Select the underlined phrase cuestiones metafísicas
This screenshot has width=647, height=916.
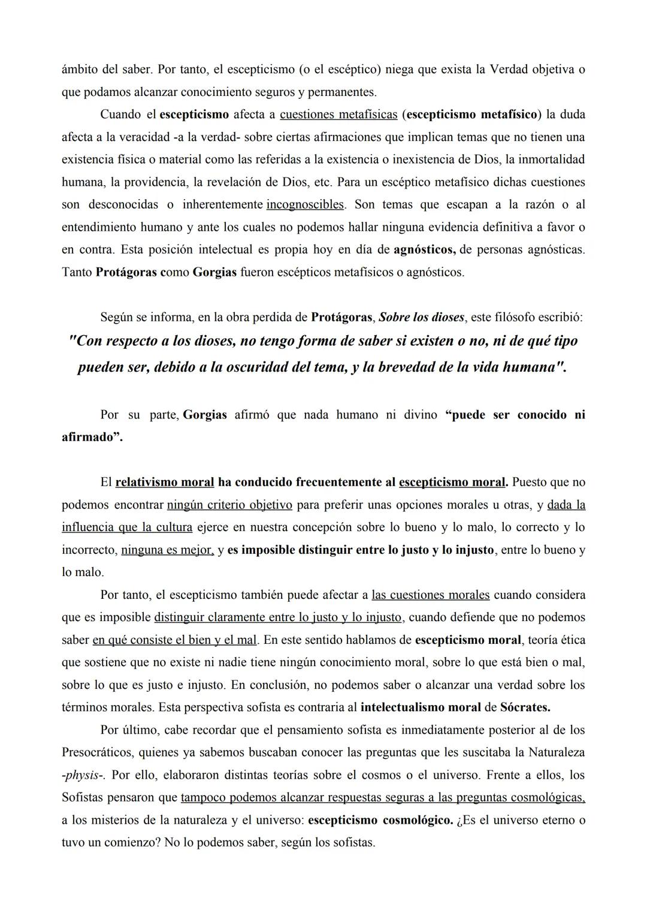[x=338, y=115]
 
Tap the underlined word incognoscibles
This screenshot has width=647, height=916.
[x=305, y=204]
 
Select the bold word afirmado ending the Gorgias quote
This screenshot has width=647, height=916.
[x=91, y=437]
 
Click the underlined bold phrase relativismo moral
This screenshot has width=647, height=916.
[x=165, y=482]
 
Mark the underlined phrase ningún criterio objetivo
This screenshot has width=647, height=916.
[x=229, y=505]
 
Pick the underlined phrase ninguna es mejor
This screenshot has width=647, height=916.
[x=167, y=550]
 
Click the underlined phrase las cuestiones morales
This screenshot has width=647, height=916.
[x=430, y=595]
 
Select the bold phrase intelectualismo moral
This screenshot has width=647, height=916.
[x=421, y=707]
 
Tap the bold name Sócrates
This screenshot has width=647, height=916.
[x=525, y=707]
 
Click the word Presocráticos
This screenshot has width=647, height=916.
[x=99, y=752]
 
